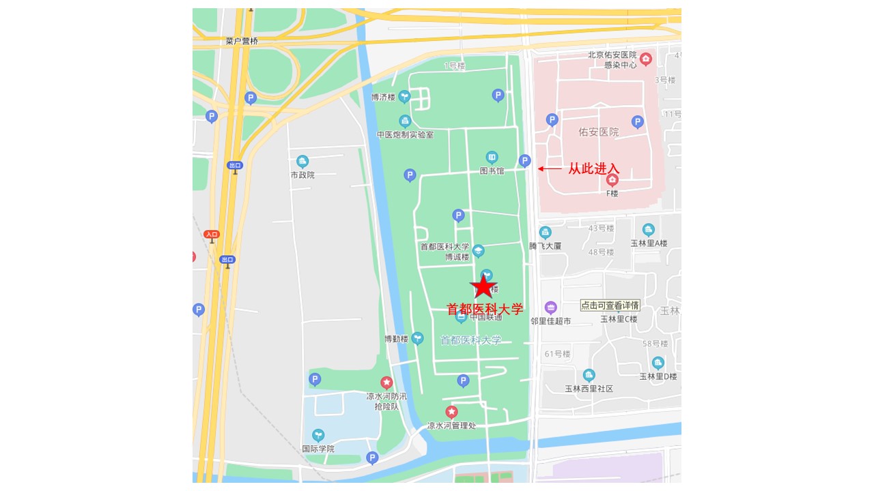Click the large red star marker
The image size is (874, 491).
(483, 286)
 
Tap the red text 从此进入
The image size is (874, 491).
(593, 168)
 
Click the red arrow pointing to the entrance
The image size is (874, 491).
(550, 168)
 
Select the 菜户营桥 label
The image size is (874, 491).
(242, 41)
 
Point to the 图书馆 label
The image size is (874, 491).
(492, 171)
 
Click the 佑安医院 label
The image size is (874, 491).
(598, 132)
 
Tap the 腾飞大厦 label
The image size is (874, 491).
(545, 245)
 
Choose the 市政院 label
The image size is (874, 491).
(302, 175)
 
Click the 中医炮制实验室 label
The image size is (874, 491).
(405, 135)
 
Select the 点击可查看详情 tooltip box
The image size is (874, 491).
(610, 305)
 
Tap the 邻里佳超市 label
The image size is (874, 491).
(550, 321)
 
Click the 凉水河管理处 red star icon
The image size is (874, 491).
(451, 412)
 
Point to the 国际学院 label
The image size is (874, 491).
(318, 449)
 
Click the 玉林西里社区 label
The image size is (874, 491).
(589, 389)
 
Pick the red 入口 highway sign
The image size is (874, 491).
(212, 235)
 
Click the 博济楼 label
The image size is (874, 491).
(383, 98)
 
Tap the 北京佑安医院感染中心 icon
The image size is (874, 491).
(646, 59)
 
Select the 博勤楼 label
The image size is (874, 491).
(395, 339)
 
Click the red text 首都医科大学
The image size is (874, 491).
(485, 309)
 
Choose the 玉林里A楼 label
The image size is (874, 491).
(649, 243)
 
